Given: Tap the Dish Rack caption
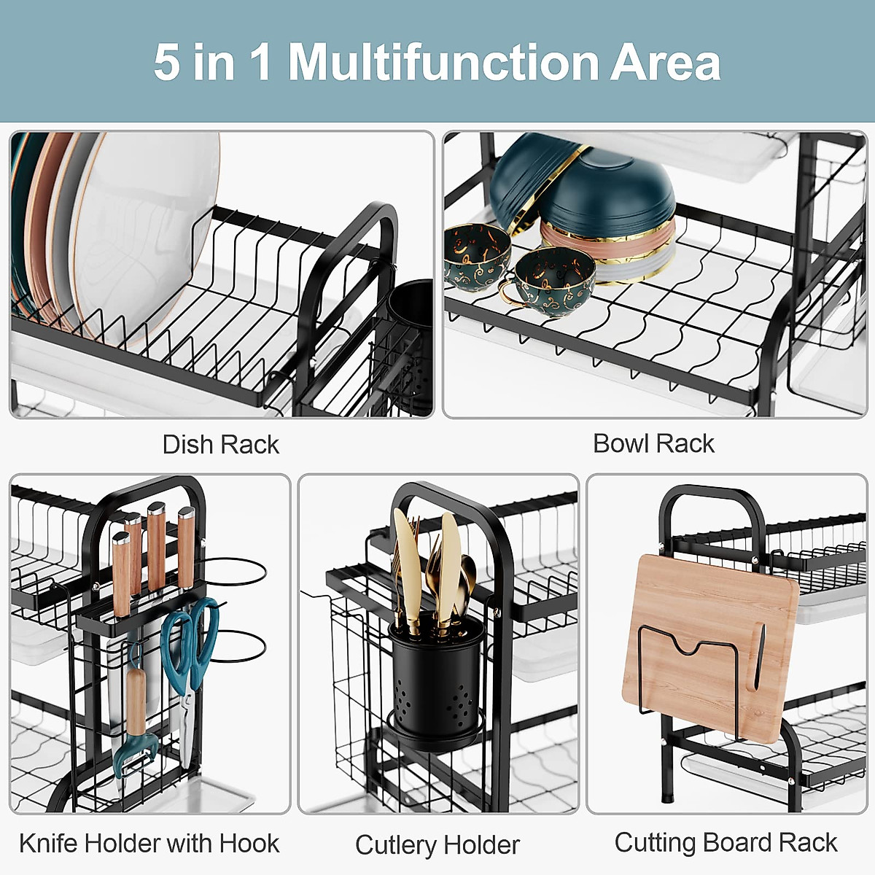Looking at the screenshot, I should pyautogui.click(x=220, y=444).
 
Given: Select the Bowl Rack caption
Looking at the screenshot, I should pyautogui.click(x=653, y=443).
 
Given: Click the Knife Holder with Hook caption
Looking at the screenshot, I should pyautogui.click(x=149, y=843).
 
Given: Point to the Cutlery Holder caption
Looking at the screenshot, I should pyautogui.click(x=437, y=844).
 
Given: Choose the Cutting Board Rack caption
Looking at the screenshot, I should pyautogui.click(x=726, y=842).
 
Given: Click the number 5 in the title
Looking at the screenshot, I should pyautogui.click(x=166, y=63).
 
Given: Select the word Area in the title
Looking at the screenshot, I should pyautogui.click(x=665, y=63).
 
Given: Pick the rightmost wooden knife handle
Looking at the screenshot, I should pyautogui.click(x=187, y=547).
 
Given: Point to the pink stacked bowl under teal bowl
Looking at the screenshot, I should pyautogui.click(x=605, y=244).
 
